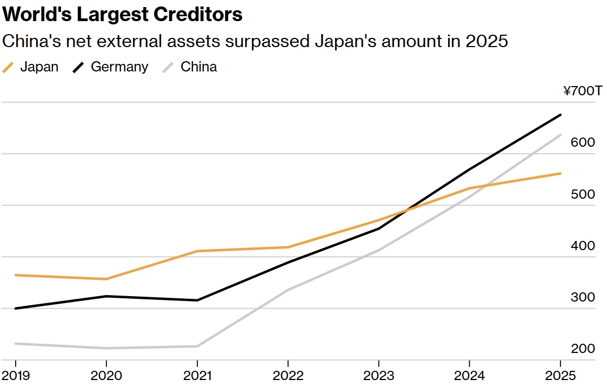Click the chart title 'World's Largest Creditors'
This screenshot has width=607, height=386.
tap(122, 15)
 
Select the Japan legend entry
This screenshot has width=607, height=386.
tap(31, 67)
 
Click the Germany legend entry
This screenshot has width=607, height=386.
tap(111, 67)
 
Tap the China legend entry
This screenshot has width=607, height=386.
tap(190, 67)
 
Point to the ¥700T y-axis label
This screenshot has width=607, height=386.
tap(583, 91)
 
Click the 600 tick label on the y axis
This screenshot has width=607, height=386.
tap(583, 142)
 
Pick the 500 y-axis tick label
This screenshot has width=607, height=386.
tap(583, 194)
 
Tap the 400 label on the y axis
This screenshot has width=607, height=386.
tap(583, 246)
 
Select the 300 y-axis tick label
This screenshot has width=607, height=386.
tap(583, 297)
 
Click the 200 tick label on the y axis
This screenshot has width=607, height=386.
tap(583, 349)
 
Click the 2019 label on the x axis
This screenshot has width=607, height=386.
tap(16, 376)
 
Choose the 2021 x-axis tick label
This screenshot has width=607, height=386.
tap(197, 376)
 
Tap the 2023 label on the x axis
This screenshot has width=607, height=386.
tap(378, 376)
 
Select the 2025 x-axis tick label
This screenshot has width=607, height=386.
tap(561, 376)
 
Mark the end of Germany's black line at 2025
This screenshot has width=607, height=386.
tap(561, 115)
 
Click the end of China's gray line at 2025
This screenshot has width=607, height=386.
tap(561, 135)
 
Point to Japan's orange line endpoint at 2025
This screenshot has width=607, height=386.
tap(561, 173)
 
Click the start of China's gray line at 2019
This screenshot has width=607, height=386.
tap(16, 343)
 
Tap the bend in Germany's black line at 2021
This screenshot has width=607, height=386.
tap(197, 300)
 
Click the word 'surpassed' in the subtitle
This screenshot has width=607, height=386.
tap(267, 42)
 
